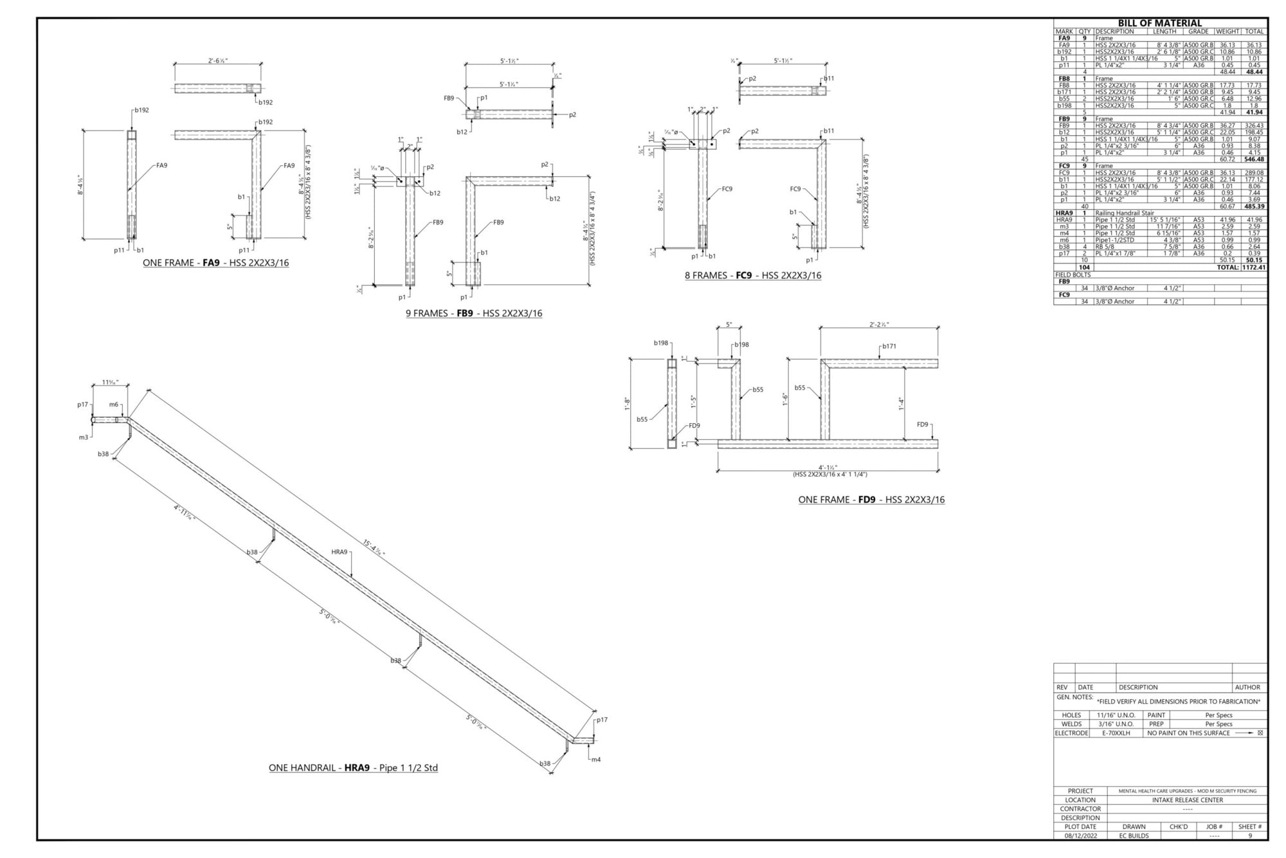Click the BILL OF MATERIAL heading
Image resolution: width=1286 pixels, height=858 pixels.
[1159, 23]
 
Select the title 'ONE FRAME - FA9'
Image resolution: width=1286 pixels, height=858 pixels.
[215, 263]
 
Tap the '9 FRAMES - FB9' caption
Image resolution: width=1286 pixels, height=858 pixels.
[473, 314]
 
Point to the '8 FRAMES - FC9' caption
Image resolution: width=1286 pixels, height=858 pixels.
[752, 276]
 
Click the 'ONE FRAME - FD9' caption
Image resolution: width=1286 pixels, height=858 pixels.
[871, 500]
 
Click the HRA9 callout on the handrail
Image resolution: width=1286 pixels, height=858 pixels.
[340, 552]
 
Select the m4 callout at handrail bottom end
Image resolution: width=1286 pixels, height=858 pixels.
[596, 760]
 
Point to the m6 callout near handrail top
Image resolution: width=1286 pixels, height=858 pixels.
[114, 405]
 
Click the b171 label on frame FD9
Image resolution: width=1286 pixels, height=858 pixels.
[889, 346]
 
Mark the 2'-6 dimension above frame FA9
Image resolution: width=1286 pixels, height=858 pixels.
[218, 60]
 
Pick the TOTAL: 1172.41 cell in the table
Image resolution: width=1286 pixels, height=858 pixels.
[1241, 268]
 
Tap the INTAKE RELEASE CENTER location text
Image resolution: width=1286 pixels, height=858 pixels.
[1187, 800]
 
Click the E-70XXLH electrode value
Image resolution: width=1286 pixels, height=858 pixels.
[1116, 733]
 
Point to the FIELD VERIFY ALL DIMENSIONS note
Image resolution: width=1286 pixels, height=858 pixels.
[1178, 702]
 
